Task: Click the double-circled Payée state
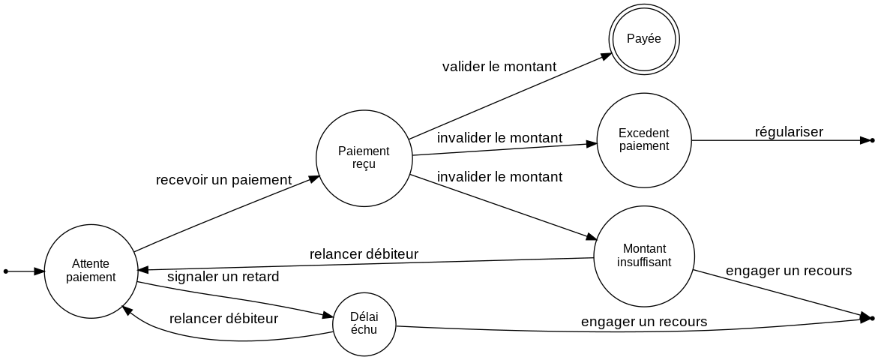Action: click(643, 39)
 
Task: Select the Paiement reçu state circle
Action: click(364, 157)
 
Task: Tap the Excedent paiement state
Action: click(643, 139)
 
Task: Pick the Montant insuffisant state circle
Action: click(643, 255)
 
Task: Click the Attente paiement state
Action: click(91, 270)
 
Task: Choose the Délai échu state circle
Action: click(364, 324)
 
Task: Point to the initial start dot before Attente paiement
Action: click(6, 270)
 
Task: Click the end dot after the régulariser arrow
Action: click(871, 140)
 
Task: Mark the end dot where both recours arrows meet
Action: click(871, 319)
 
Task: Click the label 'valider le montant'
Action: click(499, 67)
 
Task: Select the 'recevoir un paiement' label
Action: click(223, 180)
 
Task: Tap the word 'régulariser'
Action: click(789, 132)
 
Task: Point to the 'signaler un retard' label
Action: click(223, 277)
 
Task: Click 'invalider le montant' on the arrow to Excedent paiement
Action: click(499, 138)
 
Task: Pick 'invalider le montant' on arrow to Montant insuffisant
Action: click(499, 178)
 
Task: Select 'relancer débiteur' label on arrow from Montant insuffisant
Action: click(364, 253)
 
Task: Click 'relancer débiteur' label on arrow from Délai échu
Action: click(224, 318)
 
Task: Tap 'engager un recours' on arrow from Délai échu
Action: click(644, 322)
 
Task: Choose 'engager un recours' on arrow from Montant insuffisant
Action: click(788, 271)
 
